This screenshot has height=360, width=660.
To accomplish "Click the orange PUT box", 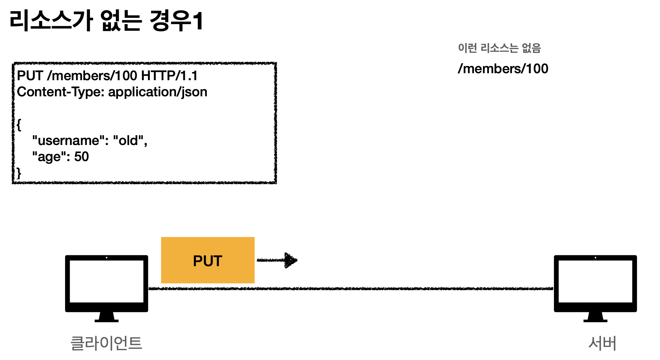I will pyautogui.click(x=208, y=260).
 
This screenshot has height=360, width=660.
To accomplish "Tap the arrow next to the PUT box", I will pyautogui.click(x=277, y=260).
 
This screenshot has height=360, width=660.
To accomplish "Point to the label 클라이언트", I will pyautogui.click(x=106, y=343).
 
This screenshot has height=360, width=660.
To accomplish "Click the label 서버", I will pyautogui.click(x=602, y=343).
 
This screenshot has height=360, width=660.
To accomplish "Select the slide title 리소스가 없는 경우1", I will pyautogui.click(x=106, y=21).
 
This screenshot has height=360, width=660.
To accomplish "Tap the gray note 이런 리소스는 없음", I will pyautogui.click(x=499, y=48).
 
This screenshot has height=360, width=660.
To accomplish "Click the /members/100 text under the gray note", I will pyautogui.click(x=503, y=69).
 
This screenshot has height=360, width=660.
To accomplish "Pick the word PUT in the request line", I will pyautogui.click(x=30, y=76).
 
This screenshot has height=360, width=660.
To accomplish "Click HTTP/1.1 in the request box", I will pyautogui.click(x=169, y=76).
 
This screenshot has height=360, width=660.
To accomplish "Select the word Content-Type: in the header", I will pyautogui.click(x=61, y=92).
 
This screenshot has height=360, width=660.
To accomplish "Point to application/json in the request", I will pyautogui.click(x=157, y=92).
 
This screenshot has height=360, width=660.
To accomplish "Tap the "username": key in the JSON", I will pyautogui.click(x=70, y=140).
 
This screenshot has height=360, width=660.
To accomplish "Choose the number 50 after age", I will pyautogui.click(x=82, y=157).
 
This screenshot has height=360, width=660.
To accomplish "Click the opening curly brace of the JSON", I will pyautogui.click(x=19, y=124).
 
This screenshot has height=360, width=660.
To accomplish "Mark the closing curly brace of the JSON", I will pyautogui.click(x=19, y=173).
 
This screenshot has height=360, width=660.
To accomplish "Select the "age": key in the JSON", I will pyautogui.click(x=51, y=157).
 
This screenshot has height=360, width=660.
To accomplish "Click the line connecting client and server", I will pyautogui.click(x=350, y=289).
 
